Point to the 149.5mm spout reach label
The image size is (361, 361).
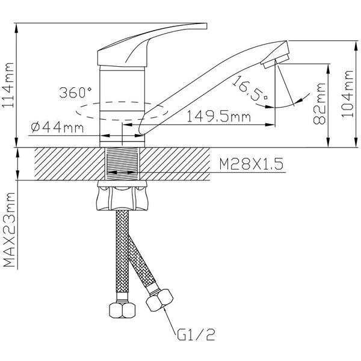pos(218,117)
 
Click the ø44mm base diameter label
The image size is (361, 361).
pos(56,127)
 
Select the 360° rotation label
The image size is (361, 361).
pos(76,93)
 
